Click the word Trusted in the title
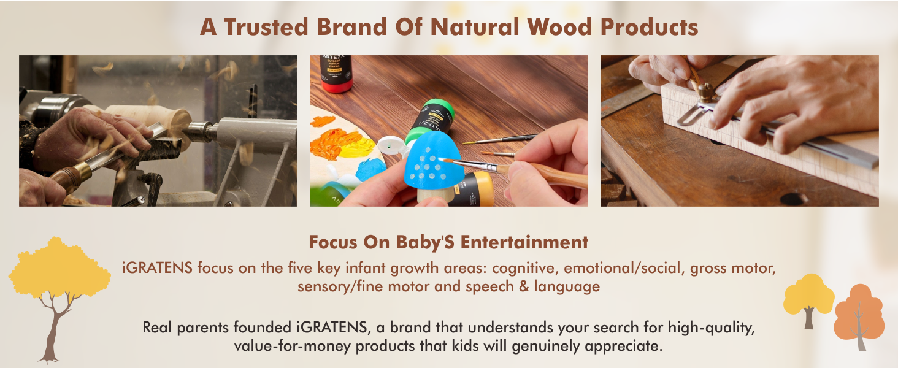coord(266,27)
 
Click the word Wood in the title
coord(559,27)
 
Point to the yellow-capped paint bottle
coord(473,189)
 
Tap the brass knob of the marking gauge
coord(705,92)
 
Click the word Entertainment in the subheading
coord(524,242)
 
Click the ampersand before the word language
coord(524,286)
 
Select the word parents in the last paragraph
coord(202,328)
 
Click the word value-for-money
coord(293,345)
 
